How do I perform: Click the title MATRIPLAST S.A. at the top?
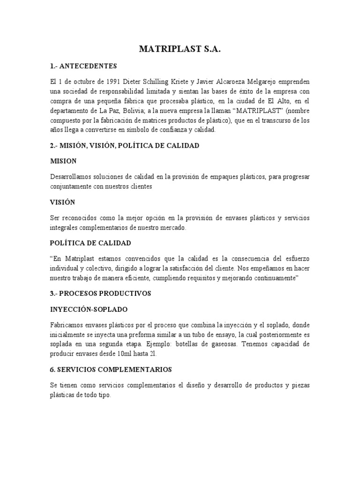click(x=180, y=49)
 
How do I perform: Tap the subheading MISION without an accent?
click(x=63, y=161)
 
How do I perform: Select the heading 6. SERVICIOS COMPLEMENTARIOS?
click(x=111, y=369)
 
